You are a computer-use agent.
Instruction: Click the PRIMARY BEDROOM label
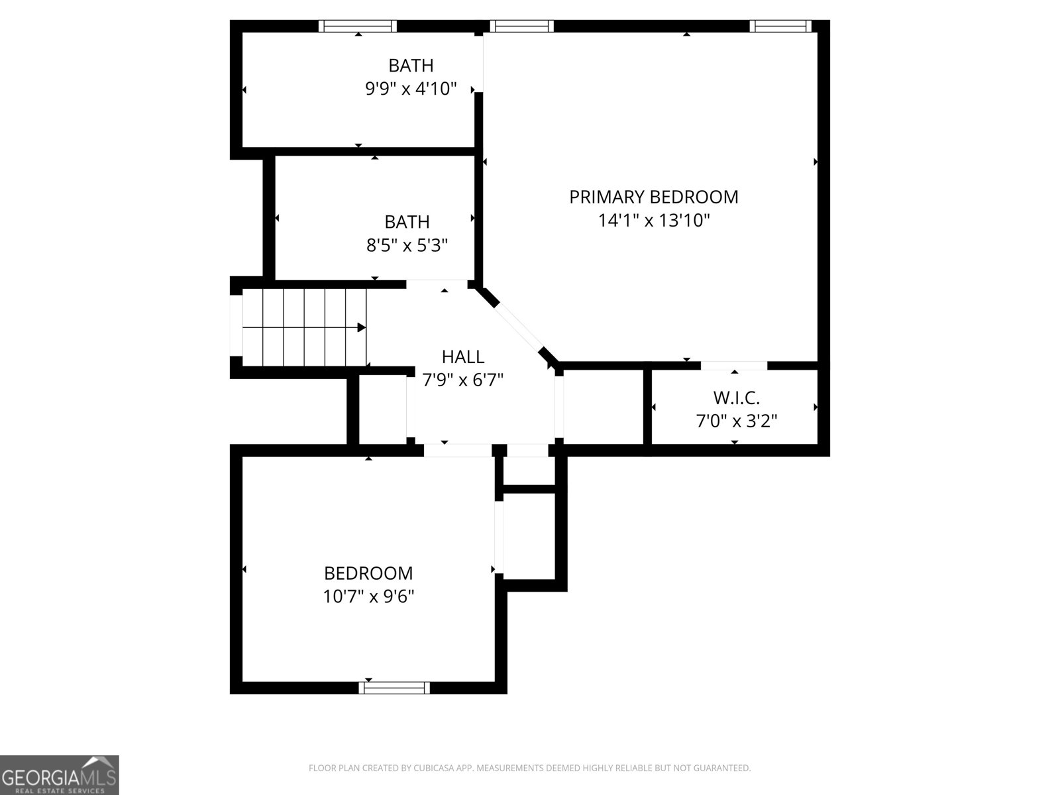pos(653,197)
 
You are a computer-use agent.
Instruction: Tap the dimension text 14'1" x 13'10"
pos(653,220)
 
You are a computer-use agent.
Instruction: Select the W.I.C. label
pos(736,397)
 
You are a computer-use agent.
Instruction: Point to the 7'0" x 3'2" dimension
pos(736,421)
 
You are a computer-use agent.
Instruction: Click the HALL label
pos(462,356)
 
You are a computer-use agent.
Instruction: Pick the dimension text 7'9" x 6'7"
pos(462,380)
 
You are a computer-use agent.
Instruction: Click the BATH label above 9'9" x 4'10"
pos(411,66)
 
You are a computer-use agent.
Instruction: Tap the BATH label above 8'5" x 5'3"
pos(407,221)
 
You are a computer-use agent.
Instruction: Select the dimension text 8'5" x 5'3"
pos(407,245)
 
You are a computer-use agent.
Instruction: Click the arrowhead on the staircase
pos(362,327)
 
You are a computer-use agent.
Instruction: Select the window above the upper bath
pos(357,26)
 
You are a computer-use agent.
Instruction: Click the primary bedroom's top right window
pos(780,26)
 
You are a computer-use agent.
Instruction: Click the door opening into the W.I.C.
pos(734,365)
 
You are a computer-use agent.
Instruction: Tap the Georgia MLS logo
pos(59,774)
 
